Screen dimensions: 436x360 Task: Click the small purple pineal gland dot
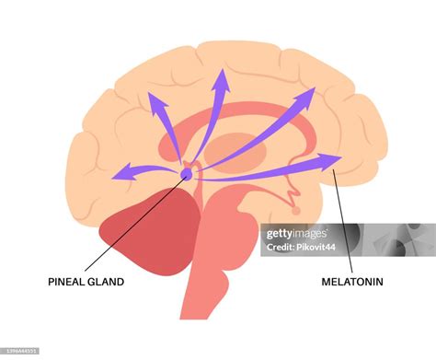pos(187,171)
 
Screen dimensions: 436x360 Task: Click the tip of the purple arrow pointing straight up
pos(221,77)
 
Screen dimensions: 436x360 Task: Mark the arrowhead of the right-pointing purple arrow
pos(331,162)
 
